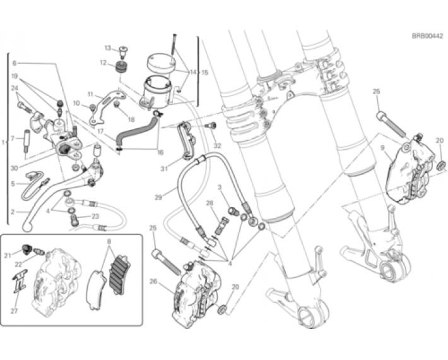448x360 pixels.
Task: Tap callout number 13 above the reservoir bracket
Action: pos(107,48)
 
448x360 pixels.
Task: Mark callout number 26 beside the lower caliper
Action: pos(154,281)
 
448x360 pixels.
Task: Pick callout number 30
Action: pos(14,169)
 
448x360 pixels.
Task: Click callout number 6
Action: pos(13,63)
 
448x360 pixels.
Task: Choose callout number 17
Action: pos(100,132)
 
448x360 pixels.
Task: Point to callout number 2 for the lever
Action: pos(12,213)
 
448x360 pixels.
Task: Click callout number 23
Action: pos(95,215)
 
